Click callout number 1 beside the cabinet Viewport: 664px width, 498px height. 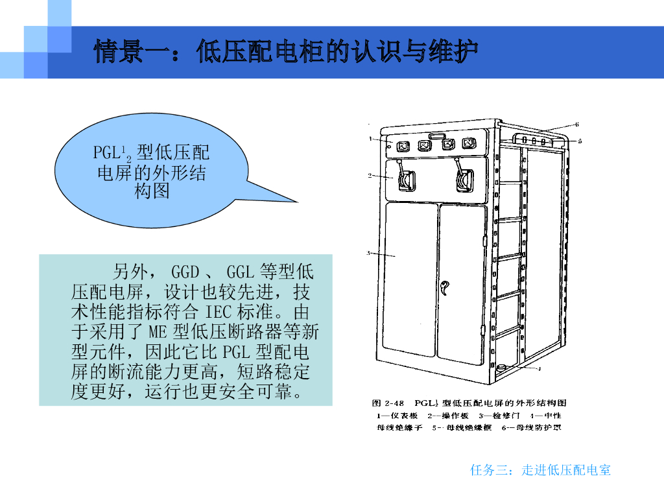(370, 138)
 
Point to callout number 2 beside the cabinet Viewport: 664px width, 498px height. (370, 175)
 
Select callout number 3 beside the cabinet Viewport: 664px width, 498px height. (368, 253)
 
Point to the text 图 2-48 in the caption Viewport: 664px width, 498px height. (388, 403)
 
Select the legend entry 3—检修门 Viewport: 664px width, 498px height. (499, 416)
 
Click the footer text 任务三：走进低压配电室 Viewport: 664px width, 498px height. (540, 470)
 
